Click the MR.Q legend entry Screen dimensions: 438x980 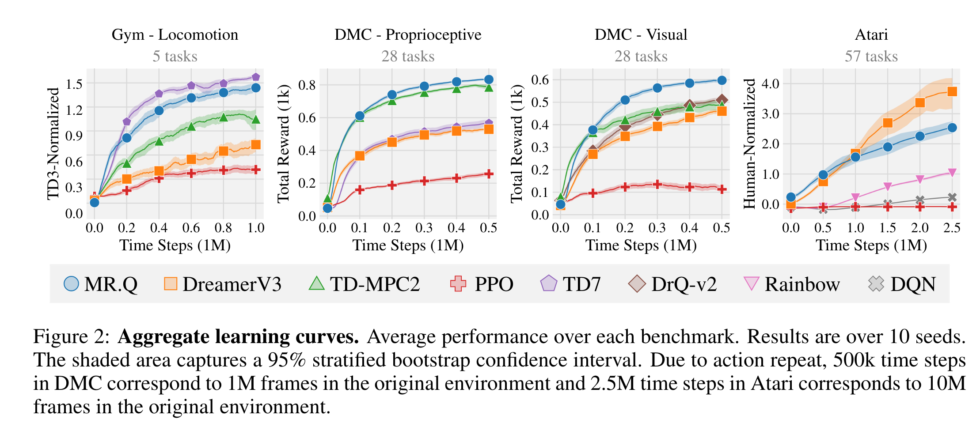pyautogui.click(x=101, y=284)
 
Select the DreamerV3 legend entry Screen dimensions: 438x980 pyautogui.click(x=223, y=284)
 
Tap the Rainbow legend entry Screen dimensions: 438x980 pyautogui.click(x=792, y=284)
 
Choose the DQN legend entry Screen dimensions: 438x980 pyautogui.click(x=902, y=284)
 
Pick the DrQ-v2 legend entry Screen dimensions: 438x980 pyautogui.click(x=672, y=284)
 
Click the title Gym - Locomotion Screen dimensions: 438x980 pyautogui.click(x=175, y=34)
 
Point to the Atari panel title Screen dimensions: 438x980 pyautogui.click(x=871, y=34)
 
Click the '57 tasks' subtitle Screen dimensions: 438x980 pyautogui.click(x=871, y=56)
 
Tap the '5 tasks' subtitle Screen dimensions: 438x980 pyautogui.click(x=175, y=56)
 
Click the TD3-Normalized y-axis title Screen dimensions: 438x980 pyautogui.click(x=53, y=143)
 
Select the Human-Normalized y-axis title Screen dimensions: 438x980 pyautogui.click(x=749, y=143)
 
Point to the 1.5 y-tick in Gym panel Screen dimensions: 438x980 pyautogui.click(x=74, y=83)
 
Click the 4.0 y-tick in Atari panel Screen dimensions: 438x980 pyautogui.click(x=770, y=83)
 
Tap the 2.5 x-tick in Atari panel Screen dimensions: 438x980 pyautogui.click(x=952, y=228)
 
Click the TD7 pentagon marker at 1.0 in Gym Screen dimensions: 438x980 pyautogui.click(x=255, y=77)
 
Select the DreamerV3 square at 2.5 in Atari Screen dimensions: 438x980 pyautogui.click(x=952, y=91)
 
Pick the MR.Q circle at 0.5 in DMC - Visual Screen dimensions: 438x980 pyautogui.click(x=722, y=80)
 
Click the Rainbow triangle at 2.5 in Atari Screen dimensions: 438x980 pyautogui.click(x=952, y=173)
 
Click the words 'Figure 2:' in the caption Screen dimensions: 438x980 pyautogui.click(x=71, y=337)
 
